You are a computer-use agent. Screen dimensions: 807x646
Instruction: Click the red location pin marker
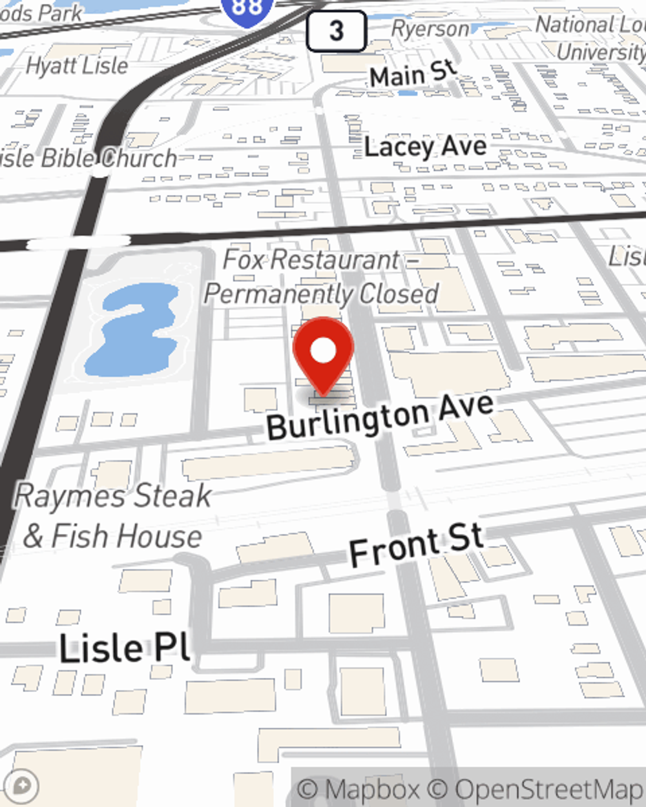click(323, 355)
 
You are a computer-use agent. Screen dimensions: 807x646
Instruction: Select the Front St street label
click(417, 544)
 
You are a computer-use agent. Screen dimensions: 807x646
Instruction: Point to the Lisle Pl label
click(125, 648)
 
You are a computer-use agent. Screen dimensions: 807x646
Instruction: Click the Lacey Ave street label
click(425, 147)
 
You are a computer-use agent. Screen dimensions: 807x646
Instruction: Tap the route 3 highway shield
click(336, 30)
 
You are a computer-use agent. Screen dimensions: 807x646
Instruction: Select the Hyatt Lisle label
click(77, 65)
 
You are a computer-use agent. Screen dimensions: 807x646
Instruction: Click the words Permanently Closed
click(322, 294)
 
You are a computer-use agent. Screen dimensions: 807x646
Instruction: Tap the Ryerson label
click(430, 29)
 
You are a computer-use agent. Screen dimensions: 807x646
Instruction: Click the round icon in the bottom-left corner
click(22, 786)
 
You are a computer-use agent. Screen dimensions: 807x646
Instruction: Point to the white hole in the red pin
click(323, 350)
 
